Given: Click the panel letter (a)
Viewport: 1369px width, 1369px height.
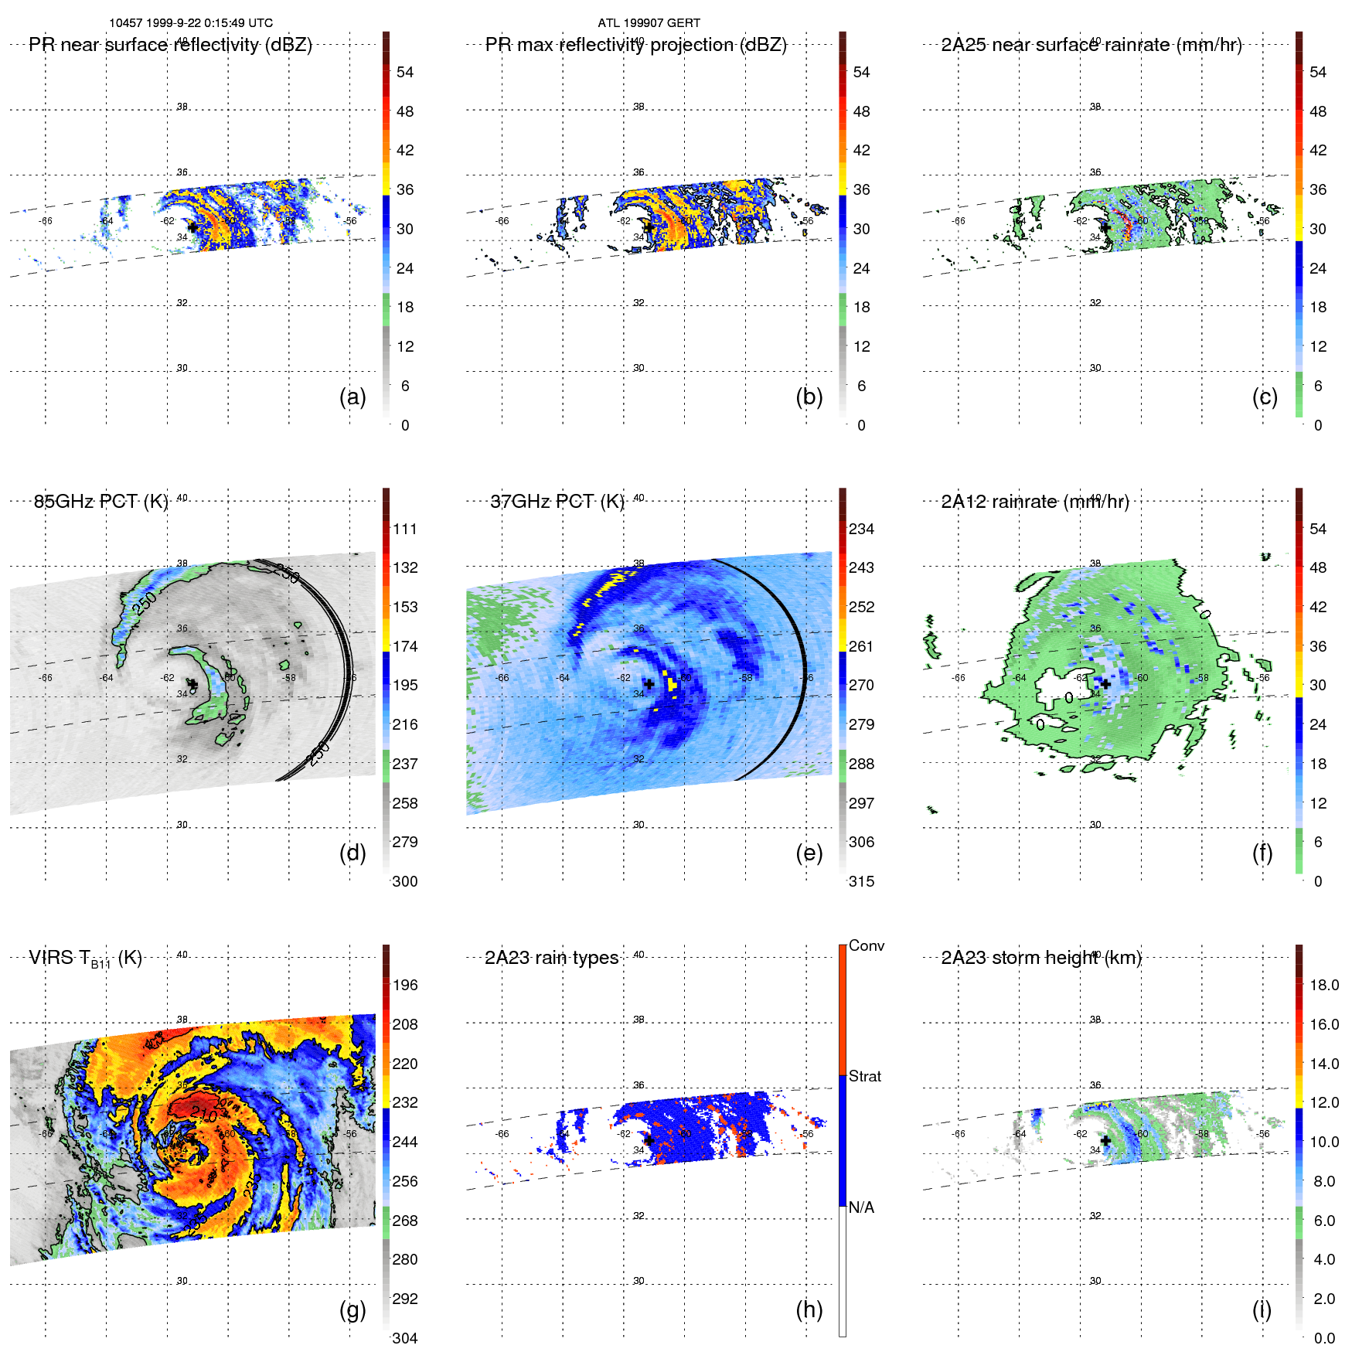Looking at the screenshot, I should tap(352, 397).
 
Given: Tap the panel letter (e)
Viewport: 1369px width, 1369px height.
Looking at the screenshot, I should tap(809, 853).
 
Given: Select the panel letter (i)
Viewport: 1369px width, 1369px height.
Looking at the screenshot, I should tap(1262, 1309).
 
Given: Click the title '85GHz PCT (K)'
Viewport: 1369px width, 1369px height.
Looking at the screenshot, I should tap(101, 502).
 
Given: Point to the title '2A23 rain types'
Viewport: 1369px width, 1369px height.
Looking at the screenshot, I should tap(551, 958).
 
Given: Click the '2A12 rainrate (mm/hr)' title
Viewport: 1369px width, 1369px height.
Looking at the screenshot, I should tap(1035, 502).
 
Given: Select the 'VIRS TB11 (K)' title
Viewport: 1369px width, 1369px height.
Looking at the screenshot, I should tap(85, 959).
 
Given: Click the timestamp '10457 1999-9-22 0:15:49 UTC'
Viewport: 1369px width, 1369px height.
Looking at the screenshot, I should tap(191, 23).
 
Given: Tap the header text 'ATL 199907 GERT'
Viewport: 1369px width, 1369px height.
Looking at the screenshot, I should tap(649, 23).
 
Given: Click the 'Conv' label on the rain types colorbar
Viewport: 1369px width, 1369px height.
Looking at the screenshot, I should tap(867, 945).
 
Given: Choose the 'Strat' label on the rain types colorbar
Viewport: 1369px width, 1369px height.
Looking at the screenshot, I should tap(865, 1076).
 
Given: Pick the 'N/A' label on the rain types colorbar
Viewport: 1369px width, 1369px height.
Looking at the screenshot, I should tap(861, 1207).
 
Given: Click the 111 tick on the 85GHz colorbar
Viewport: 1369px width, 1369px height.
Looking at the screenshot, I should tap(405, 529).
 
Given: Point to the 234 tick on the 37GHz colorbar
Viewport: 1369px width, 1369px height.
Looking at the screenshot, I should tap(861, 529).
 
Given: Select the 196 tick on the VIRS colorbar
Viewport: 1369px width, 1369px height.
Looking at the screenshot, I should tap(405, 985).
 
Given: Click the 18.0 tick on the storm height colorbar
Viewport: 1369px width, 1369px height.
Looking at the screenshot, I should tap(1324, 985).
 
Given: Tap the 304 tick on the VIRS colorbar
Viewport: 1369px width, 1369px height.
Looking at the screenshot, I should tap(405, 1338).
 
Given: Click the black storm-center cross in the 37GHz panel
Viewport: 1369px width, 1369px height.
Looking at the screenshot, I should tap(649, 684).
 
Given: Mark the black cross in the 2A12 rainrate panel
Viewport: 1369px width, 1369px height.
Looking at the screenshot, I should tap(1105, 684).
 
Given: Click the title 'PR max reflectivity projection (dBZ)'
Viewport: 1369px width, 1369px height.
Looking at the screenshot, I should tap(635, 45).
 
